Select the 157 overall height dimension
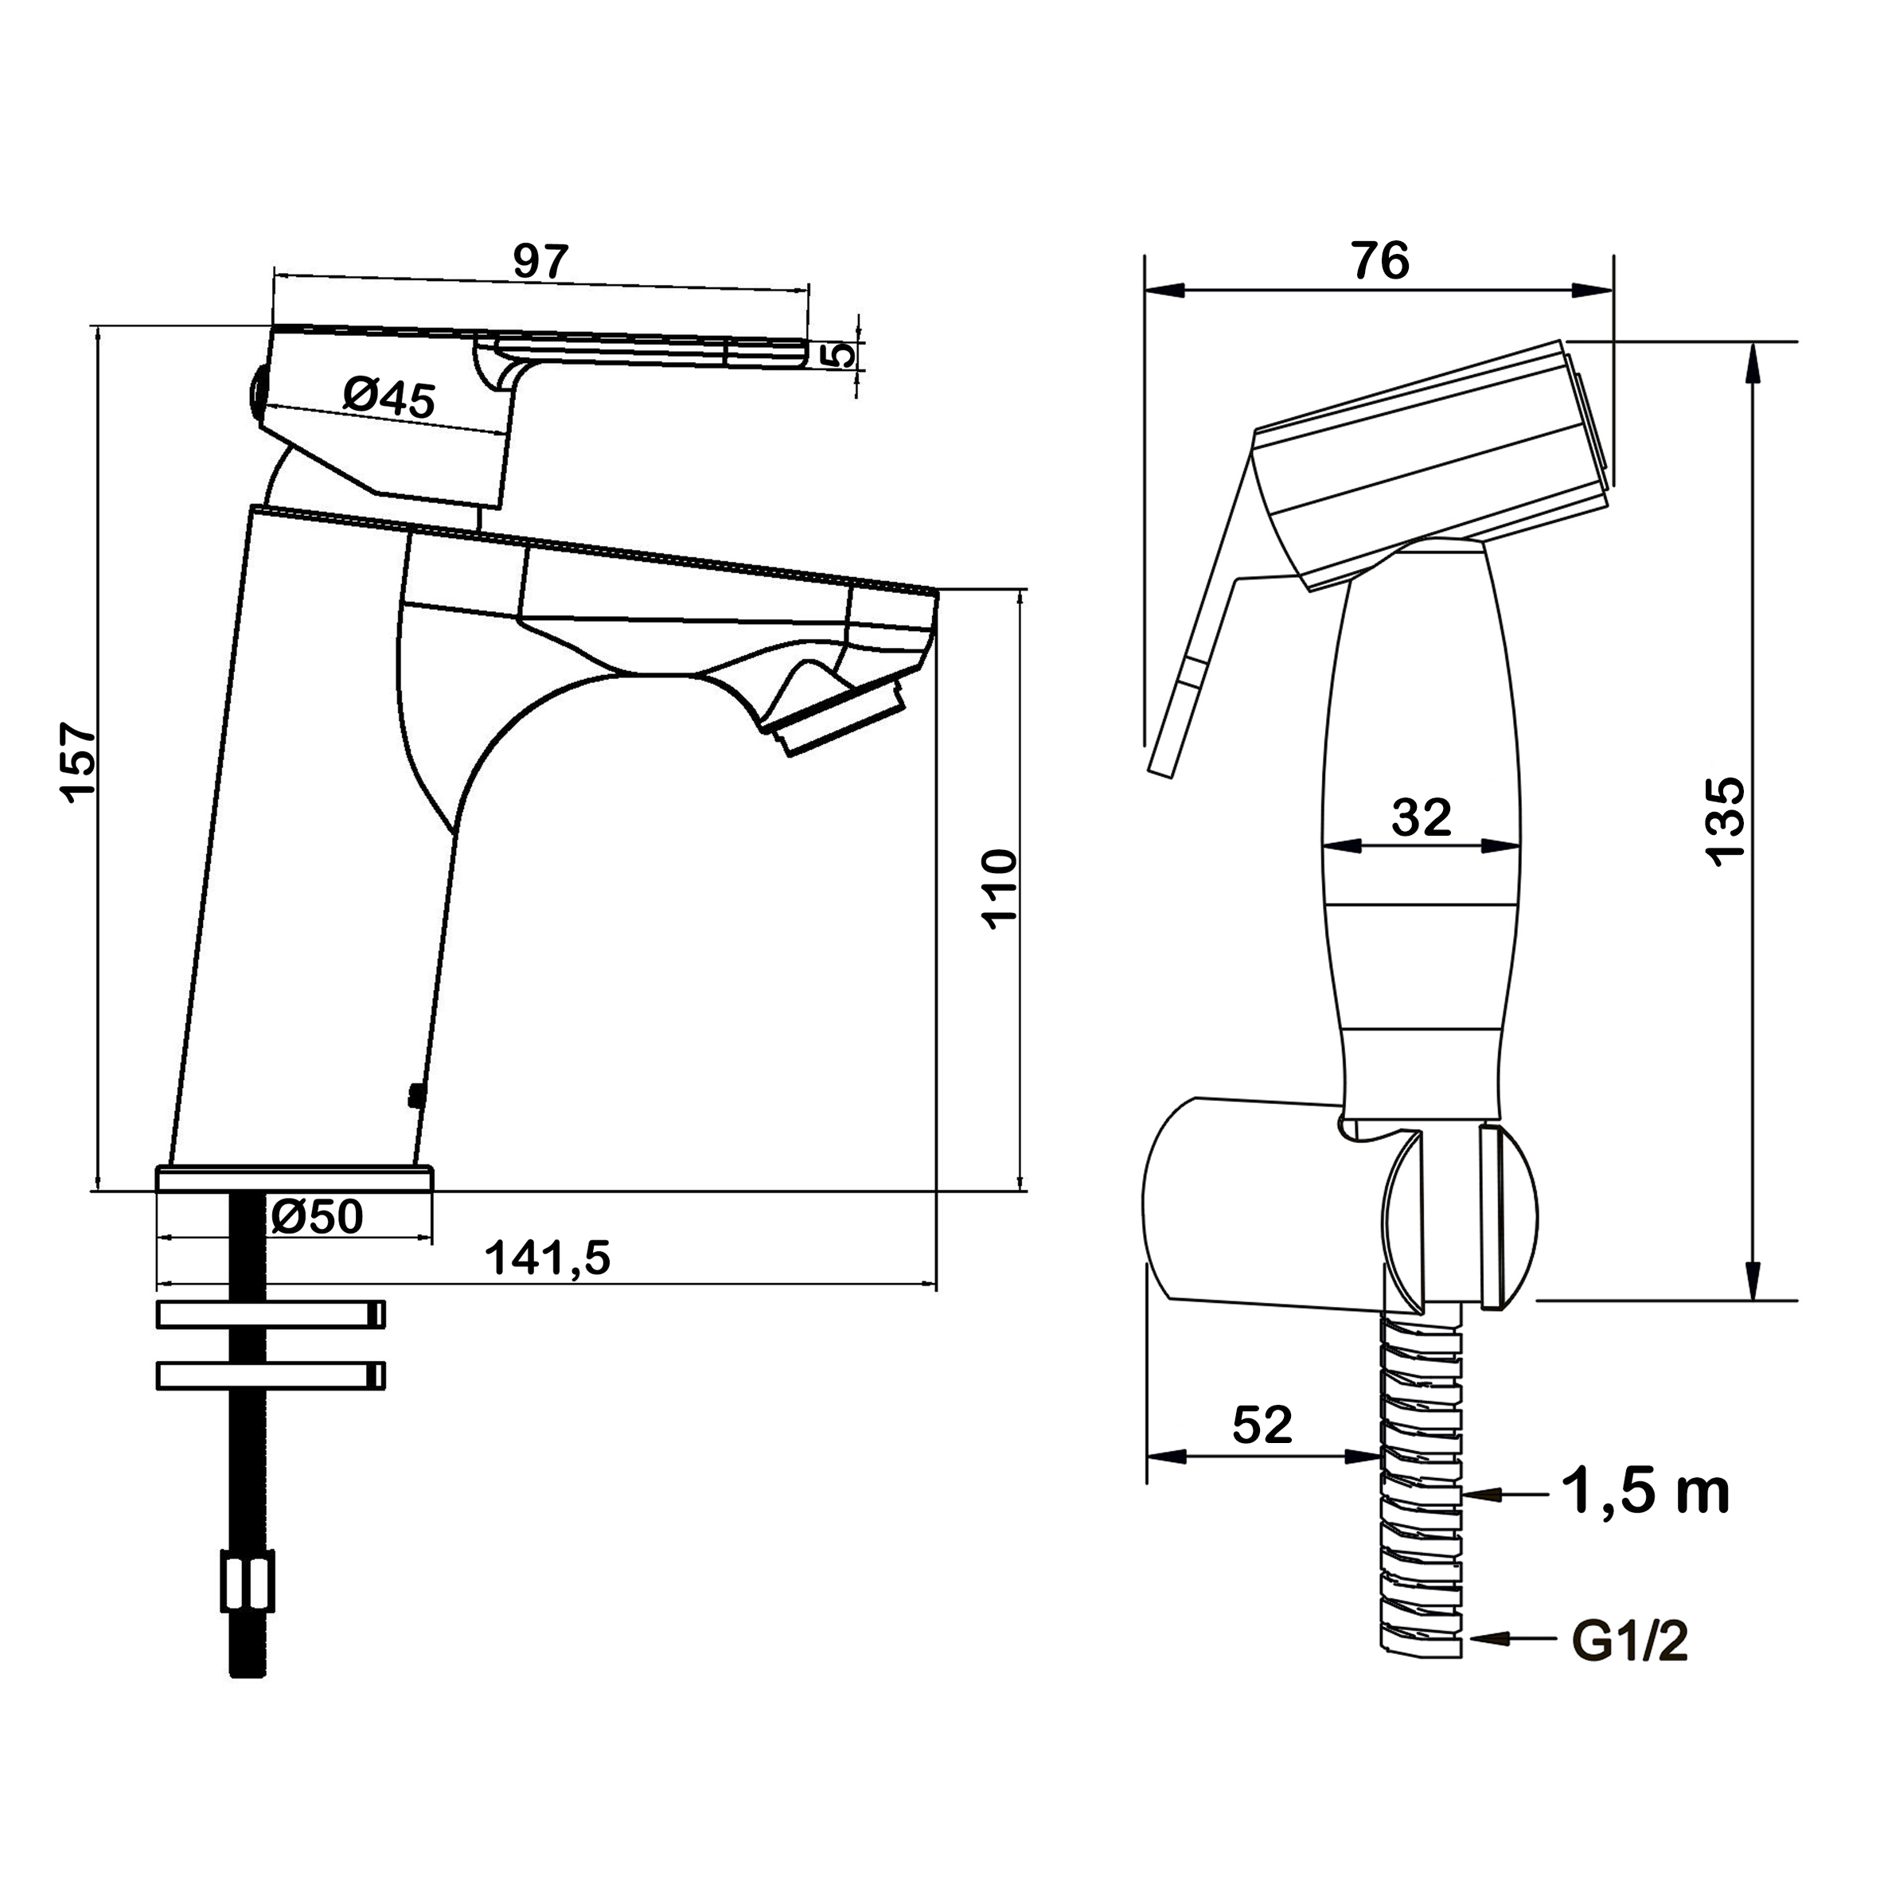click(79, 761)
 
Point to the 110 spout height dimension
click(1000, 888)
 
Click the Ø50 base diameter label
click(318, 1215)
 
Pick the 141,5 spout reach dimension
click(548, 1259)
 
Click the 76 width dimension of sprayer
click(1381, 261)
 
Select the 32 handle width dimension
click(1422, 817)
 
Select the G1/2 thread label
click(1630, 1643)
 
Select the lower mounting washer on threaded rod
click(271, 1375)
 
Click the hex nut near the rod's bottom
click(248, 1582)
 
